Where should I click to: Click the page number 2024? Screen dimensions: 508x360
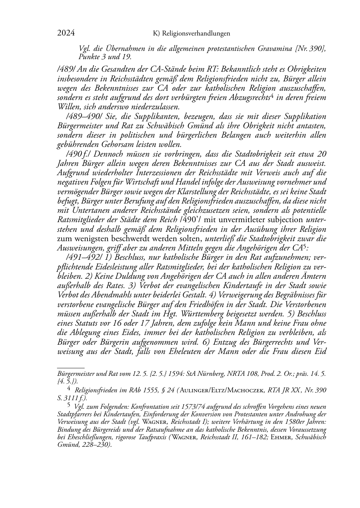[66, 33]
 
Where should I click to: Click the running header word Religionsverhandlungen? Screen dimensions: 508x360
[196, 34]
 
